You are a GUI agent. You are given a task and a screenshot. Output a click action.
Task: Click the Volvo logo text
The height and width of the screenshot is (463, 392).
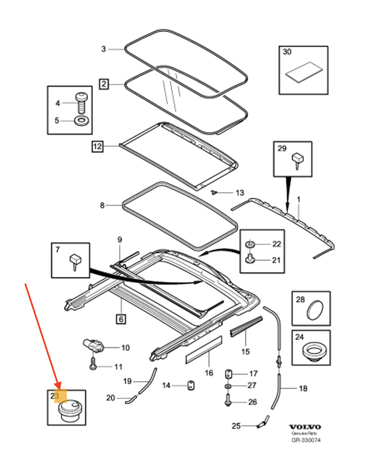click(305, 427)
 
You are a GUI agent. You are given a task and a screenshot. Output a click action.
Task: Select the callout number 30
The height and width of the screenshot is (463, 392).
click(287, 52)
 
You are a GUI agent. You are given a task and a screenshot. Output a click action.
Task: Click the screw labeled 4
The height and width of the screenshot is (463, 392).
click(81, 102)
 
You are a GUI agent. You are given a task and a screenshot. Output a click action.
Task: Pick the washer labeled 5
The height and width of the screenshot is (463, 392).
click(82, 121)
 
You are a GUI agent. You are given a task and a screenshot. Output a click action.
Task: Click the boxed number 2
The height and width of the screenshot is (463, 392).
click(103, 84)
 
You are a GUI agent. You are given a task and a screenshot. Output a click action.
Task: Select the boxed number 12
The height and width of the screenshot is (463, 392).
click(96, 147)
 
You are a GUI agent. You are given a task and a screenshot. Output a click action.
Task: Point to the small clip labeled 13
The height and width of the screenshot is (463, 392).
click(214, 192)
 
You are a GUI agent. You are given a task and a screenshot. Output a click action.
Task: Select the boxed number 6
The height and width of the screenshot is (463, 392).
click(121, 319)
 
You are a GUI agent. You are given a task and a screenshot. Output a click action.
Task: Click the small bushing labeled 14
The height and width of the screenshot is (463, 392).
click(189, 385)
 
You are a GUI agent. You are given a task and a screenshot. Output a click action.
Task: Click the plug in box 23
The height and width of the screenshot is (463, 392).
click(70, 410)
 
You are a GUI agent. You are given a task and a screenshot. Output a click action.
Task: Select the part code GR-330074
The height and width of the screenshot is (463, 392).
click(306, 440)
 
